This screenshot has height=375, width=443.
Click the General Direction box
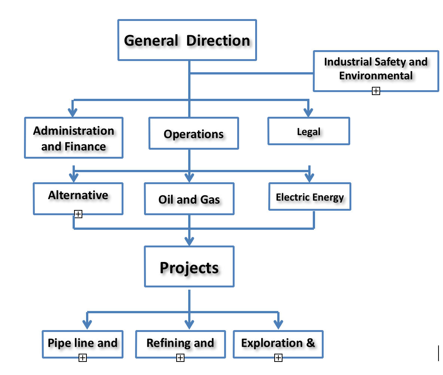pyautogui.click(x=187, y=40)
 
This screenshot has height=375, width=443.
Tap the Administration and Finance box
pyautogui.click(x=74, y=138)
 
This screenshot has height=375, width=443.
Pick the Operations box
pyautogui.click(x=193, y=134)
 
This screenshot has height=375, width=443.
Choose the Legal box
pyautogui.click(x=309, y=131)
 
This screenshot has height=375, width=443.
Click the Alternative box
pyautogui.click(x=78, y=195)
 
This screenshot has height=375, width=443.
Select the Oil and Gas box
pyautogui.click(x=189, y=199)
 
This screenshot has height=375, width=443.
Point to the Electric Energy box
pyautogui.click(x=310, y=197)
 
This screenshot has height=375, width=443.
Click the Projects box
pyautogui.click(x=189, y=267)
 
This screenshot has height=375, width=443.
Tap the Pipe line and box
pyautogui.click(x=82, y=343)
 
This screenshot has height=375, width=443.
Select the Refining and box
pyautogui.click(x=180, y=343)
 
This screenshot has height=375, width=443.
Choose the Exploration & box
pyautogui.click(x=278, y=343)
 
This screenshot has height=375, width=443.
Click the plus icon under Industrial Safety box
pyautogui.click(x=376, y=91)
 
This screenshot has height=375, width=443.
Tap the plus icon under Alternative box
pyautogui.click(x=78, y=214)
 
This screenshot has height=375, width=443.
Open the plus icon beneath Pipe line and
pyautogui.click(x=83, y=358)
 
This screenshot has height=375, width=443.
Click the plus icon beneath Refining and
pyautogui.click(x=180, y=358)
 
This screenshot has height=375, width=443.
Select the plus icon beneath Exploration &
pyautogui.click(x=278, y=358)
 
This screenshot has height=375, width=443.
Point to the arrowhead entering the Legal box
pyautogui.click(x=308, y=112)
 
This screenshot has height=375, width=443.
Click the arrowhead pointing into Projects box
pyautogui.click(x=189, y=240)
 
